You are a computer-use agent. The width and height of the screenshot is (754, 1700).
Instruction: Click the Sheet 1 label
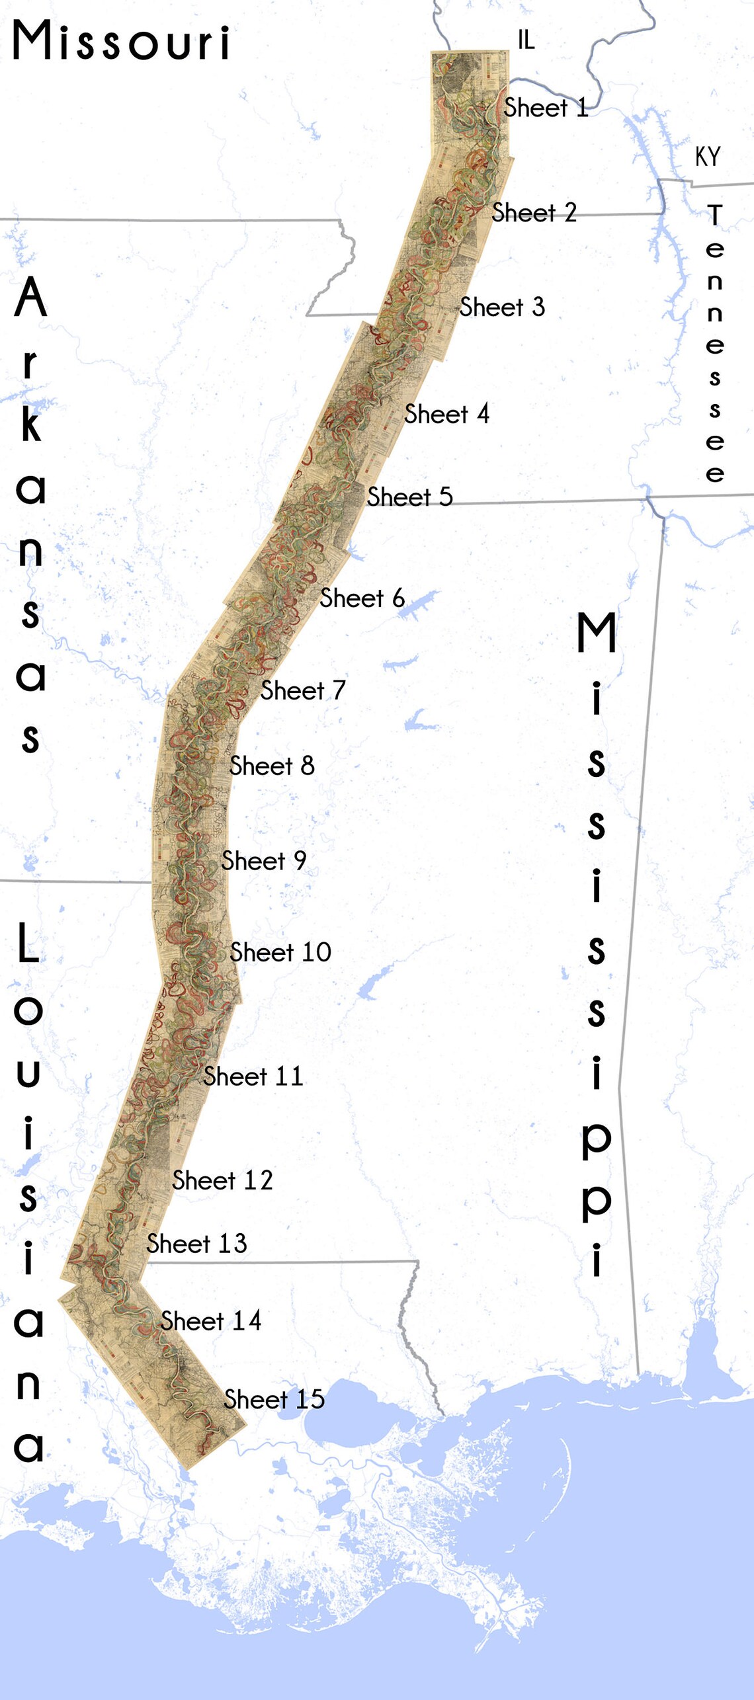coord(546,108)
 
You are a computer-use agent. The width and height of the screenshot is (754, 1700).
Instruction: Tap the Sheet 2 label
coord(534,213)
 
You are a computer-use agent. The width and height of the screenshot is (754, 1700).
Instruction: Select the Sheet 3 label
coord(502,307)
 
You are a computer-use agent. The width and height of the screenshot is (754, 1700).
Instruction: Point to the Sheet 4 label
coord(446,415)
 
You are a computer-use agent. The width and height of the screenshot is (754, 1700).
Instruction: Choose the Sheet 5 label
coord(409,497)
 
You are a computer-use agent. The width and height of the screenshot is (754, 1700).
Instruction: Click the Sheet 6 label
coord(362,598)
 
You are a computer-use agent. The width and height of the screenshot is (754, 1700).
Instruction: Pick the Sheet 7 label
coord(303,690)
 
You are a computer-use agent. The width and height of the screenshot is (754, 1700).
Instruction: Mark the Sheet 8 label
coord(272,766)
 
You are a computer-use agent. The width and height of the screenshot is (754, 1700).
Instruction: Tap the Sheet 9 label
coord(263,861)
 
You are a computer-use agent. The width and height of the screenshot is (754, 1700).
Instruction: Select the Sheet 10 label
coord(280,952)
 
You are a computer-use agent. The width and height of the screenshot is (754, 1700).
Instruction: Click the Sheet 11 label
coord(253,1076)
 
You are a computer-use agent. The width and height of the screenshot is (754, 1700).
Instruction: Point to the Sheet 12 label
coord(222,1180)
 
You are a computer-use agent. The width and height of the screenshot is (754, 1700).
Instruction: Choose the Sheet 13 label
coord(196,1244)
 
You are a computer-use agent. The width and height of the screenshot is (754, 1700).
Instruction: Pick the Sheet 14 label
coord(211,1321)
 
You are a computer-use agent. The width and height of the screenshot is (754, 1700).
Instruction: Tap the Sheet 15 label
coord(274,1399)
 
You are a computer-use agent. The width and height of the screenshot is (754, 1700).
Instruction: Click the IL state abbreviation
coord(526,40)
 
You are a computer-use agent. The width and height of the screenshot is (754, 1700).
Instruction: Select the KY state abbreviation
coord(707,157)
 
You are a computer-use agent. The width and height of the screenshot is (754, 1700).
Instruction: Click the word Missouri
coord(122,41)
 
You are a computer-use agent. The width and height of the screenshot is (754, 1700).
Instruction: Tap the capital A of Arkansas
coord(31,298)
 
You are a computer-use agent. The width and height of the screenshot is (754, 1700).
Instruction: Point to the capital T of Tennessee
coord(714,215)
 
